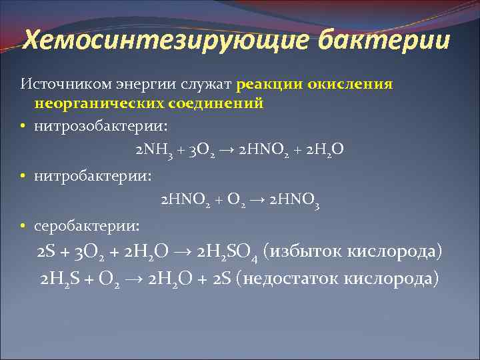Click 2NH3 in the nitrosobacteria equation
coord(151,148)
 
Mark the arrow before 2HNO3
coord(257,199)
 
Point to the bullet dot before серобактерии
coord(23,227)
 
